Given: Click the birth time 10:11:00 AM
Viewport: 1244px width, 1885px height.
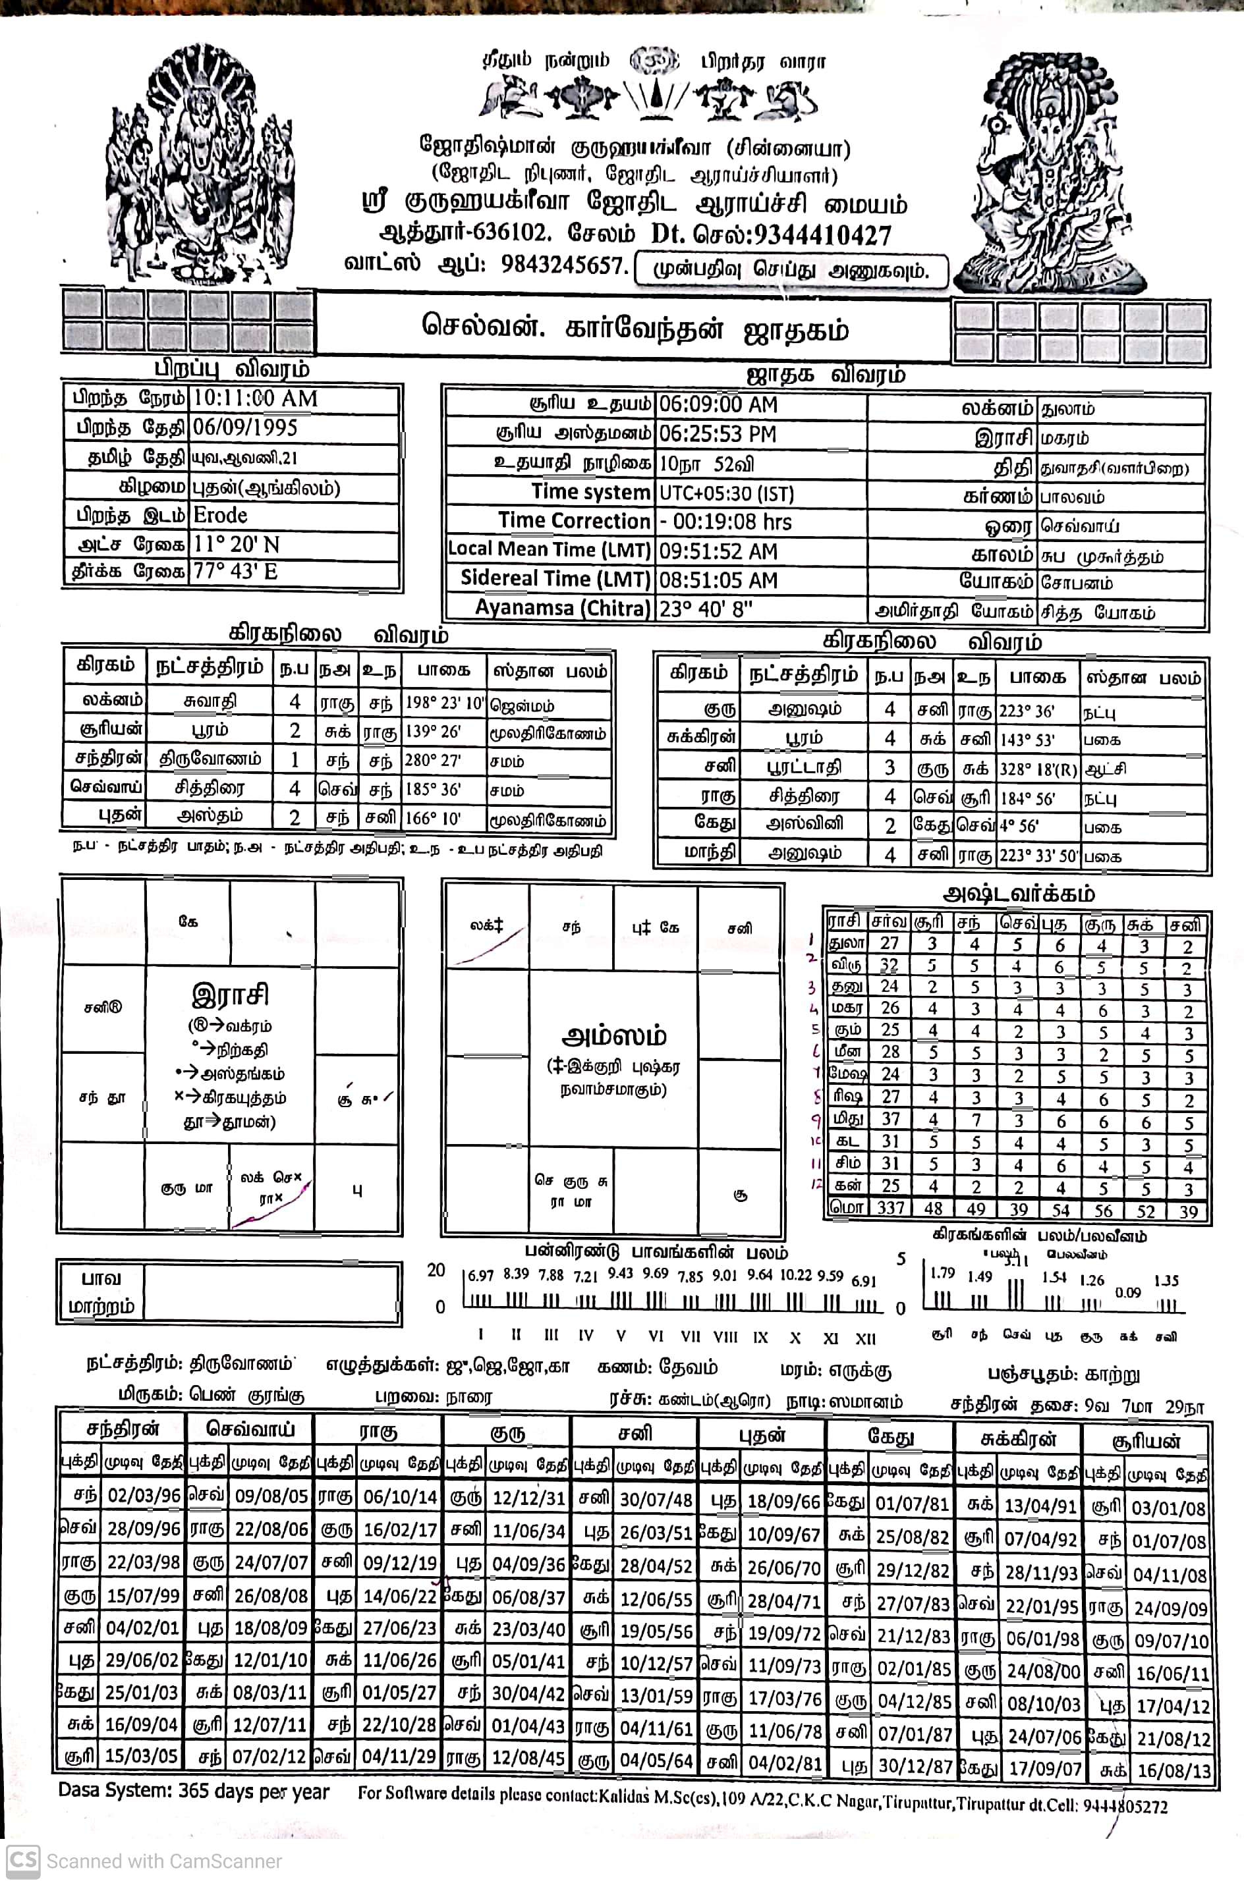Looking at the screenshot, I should coord(255,399).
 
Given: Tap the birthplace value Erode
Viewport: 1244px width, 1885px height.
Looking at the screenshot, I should coord(221,516).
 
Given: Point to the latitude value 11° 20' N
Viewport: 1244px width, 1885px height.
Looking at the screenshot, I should coord(237,545).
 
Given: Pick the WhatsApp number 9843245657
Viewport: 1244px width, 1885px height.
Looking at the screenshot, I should coord(565,265).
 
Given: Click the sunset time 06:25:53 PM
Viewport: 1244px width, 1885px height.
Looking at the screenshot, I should coord(717,435).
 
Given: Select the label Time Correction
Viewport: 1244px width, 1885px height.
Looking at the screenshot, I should coord(574,521).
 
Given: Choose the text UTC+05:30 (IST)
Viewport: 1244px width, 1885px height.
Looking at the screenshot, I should coord(726,493).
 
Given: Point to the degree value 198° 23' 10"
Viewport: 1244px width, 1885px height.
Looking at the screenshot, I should coord(444,703).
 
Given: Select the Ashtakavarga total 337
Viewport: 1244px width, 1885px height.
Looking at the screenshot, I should coord(890,1208).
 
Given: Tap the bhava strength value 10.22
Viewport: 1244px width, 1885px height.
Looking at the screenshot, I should coord(797,1275).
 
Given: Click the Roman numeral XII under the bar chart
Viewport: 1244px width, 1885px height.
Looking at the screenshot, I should coord(866,1338).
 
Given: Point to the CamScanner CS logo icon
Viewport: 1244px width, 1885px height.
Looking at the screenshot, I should coord(22,1861).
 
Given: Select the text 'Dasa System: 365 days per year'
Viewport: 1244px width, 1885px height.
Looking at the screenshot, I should coord(194,1791).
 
